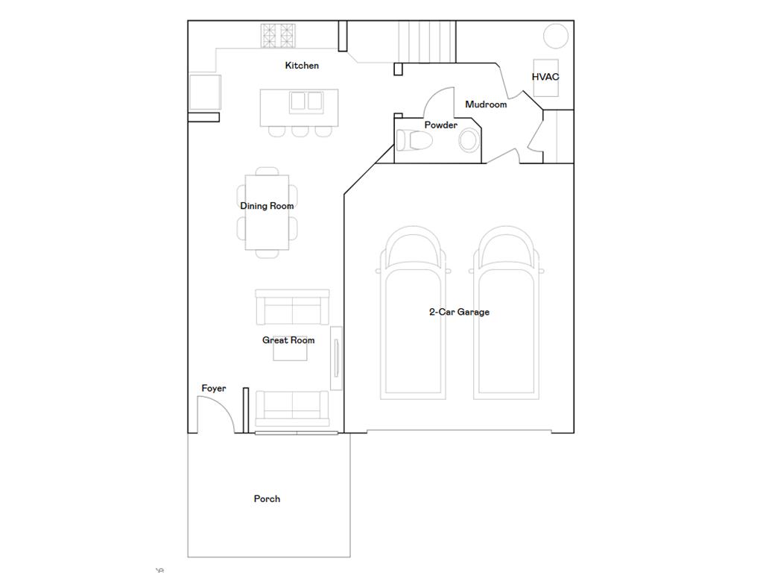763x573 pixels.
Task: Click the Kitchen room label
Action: pyautogui.click(x=302, y=66)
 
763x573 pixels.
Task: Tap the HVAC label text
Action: pyautogui.click(x=545, y=77)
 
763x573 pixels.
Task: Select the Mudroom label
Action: pyautogui.click(x=486, y=104)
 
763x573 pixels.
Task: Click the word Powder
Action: pyautogui.click(x=441, y=125)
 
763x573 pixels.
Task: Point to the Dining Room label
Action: pyautogui.click(x=267, y=206)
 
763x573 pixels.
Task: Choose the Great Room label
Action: pyautogui.click(x=288, y=340)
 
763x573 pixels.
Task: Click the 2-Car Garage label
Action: pyautogui.click(x=459, y=312)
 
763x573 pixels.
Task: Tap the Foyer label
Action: pyautogui.click(x=214, y=389)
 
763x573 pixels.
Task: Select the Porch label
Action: pyautogui.click(x=267, y=499)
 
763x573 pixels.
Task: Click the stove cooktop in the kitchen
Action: pyautogui.click(x=279, y=36)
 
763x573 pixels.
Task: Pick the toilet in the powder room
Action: pyautogui.click(x=412, y=140)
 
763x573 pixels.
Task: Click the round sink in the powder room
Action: pyautogui.click(x=469, y=140)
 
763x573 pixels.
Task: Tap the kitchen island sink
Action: pyautogui.click(x=305, y=101)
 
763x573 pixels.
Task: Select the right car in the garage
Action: pyautogui.click(x=507, y=313)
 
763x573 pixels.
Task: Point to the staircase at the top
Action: pyautogui.click(x=426, y=41)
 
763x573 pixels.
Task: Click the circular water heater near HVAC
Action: pyautogui.click(x=555, y=35)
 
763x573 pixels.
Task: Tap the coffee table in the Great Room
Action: pyautogui.click(x=290, y=352)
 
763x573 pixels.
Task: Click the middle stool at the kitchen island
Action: pyautogui.click(x=300, y=131)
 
